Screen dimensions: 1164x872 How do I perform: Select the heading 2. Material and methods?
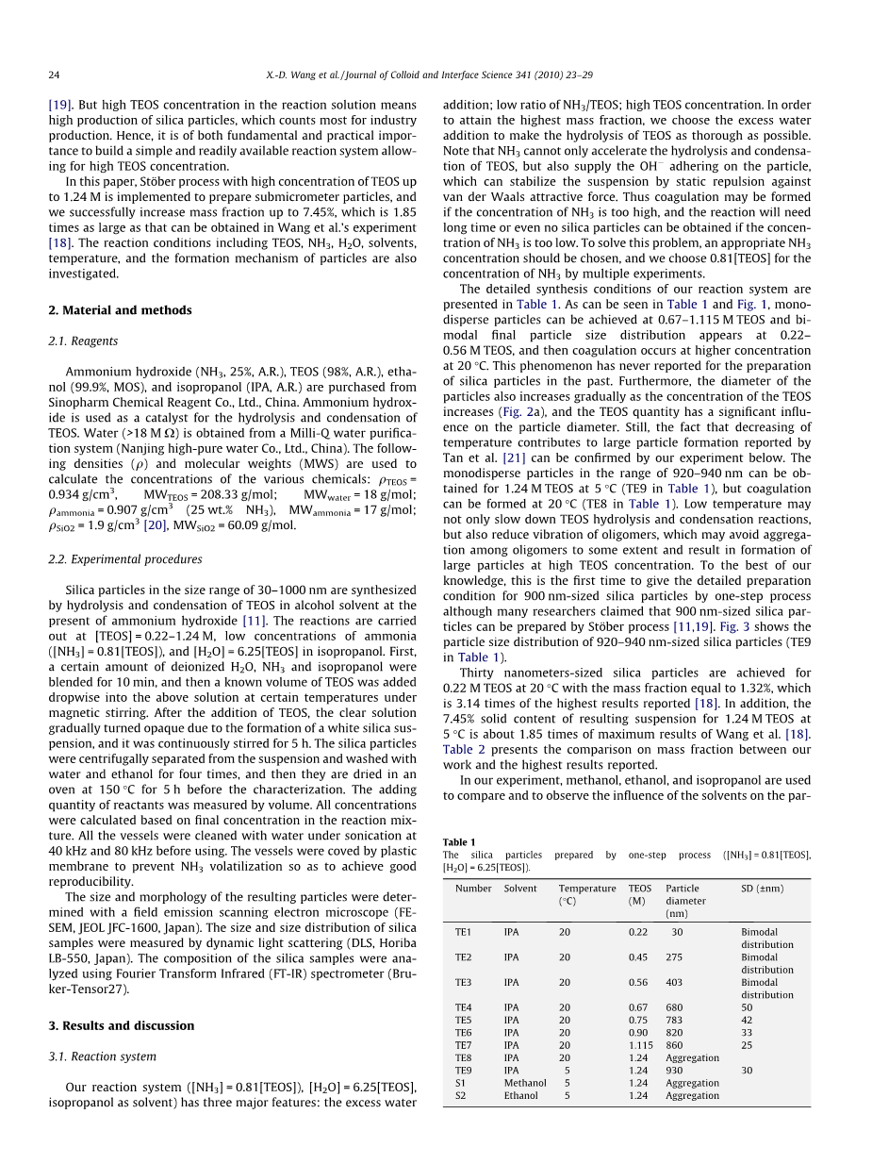point(120,310)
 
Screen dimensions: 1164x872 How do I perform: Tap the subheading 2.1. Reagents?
point(84,341)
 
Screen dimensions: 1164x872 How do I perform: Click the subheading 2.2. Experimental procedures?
point(125,559)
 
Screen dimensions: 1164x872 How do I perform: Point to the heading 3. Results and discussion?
point(122,1026)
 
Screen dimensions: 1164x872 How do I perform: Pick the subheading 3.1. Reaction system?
point(103,1057)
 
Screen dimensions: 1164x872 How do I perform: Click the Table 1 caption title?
point(459,842)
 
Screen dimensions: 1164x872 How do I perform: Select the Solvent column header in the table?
point(520,889)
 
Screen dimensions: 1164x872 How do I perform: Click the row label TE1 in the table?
point(463,932)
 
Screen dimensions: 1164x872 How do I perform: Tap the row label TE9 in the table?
point(463,1071)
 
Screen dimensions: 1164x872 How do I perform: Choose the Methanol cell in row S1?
point(525,1083)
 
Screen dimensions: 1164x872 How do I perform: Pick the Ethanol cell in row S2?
point(520,1096)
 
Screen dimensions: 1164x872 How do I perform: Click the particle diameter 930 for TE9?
point(674,1071)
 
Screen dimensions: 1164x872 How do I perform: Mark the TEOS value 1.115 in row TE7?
point(641,1045)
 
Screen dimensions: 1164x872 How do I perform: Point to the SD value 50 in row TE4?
point(747,1007)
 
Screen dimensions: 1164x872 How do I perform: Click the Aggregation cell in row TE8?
point(692,1057)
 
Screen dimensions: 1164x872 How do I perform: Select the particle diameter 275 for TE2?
point(674,957)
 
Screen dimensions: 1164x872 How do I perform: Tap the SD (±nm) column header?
point(763,889)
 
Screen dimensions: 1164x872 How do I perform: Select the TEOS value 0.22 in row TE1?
point(638,932)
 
